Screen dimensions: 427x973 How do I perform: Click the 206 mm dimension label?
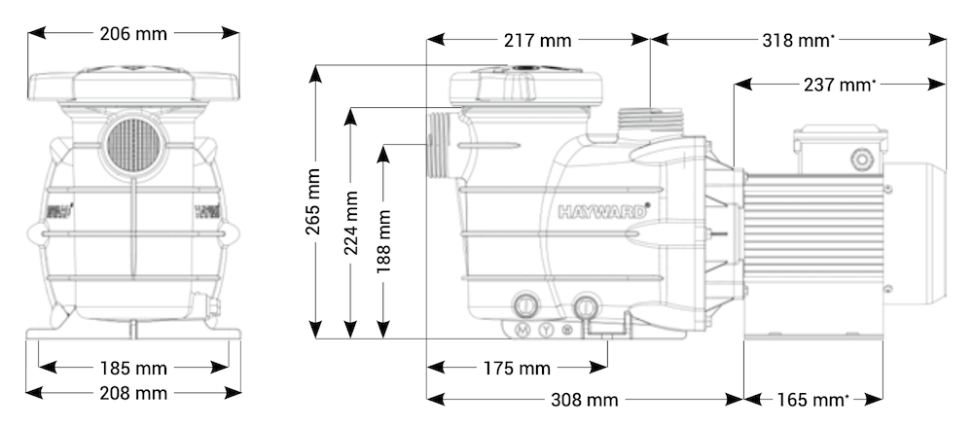pos(133,34)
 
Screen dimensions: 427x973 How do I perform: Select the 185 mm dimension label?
pos(133,369)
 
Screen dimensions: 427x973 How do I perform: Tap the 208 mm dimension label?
pos(133,393)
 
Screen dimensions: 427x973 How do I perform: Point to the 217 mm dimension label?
pos(538,41)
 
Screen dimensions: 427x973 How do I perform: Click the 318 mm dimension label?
pos(798,41)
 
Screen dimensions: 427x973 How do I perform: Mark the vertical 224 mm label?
pos(351,223)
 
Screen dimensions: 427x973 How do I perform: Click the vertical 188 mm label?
pos(386,240)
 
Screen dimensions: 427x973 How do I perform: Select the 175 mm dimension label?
pos(516,369)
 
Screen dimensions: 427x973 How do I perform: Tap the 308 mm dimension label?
pos(584,400)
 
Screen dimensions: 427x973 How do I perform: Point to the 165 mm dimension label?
pos(813,400)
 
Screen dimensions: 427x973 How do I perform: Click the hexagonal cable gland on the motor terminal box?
pos(861,159)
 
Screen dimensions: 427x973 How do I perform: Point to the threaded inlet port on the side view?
pos(439,146)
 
